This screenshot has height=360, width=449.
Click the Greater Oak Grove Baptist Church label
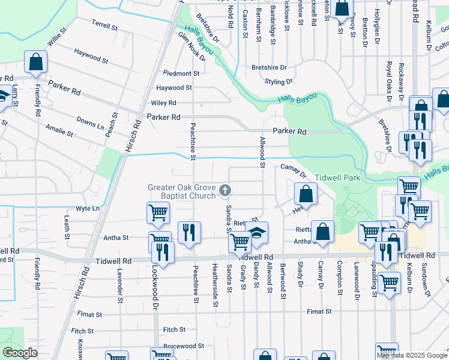coord(182,192)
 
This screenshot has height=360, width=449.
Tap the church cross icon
coord(226,191)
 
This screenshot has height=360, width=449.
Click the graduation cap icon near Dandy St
coord(257,232)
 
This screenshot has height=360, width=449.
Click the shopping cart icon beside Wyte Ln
coord(158,212)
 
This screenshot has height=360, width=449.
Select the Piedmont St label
coord(172,73)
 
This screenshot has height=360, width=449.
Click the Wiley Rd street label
coord(163,103)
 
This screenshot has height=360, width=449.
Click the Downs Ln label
coord(90,123)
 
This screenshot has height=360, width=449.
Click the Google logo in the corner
coord(19,353)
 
